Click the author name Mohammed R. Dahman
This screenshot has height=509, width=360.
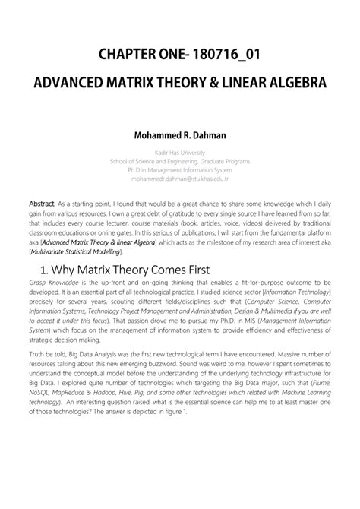click(180, 138)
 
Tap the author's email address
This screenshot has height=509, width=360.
click(180, 180)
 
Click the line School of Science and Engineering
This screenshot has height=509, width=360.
click(180, 161)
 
